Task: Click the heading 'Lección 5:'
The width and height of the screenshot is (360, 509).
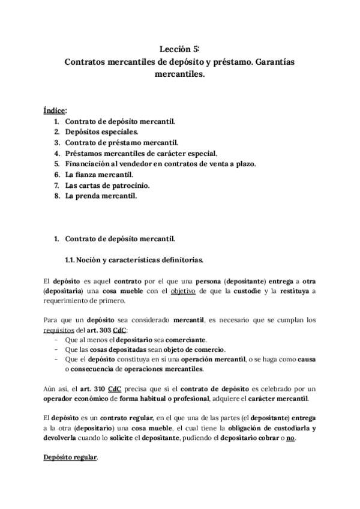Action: tap(179, 49)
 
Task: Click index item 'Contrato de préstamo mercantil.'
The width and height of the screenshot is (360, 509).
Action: tap(121, 142)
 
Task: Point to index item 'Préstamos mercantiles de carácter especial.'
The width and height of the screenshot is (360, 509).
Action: tap(140, 153)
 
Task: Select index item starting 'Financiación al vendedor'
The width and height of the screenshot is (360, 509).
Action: tap(160, 164)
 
